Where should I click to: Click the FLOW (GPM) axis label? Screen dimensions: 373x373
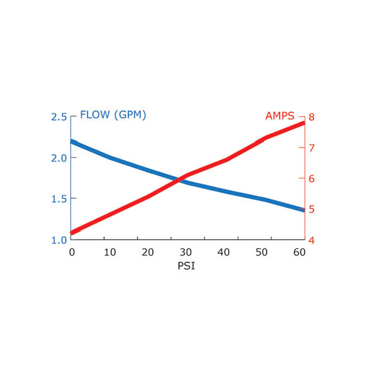[113, 115]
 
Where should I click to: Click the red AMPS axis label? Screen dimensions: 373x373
[280, 116]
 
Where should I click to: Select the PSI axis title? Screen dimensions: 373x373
[186, 266]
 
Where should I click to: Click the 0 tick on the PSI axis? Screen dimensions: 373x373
[71, 252]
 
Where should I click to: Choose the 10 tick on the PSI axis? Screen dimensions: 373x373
[109, 252]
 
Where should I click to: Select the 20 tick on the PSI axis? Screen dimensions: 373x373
[148, 252]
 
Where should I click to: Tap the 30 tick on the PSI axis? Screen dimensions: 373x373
[186, 252]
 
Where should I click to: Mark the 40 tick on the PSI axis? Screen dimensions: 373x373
[224, 252]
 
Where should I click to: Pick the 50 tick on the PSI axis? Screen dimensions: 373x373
[262, 252]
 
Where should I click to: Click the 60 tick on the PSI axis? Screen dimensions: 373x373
[299, 252]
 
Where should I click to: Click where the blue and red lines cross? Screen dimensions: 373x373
[178, 179]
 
